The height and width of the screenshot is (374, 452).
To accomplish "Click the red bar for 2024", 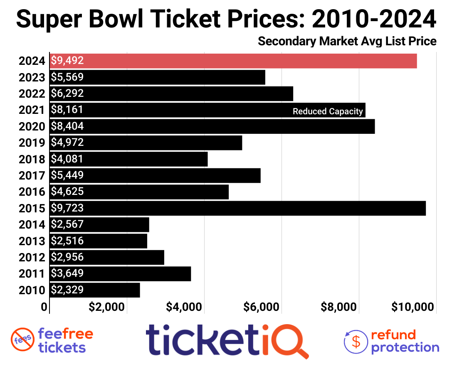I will (x=233, y=61).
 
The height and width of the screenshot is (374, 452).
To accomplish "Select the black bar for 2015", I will (x=237, y=208).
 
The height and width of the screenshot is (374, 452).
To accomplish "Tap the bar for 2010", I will (x=95, y=290).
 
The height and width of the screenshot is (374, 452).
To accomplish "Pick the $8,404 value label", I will (x=67, y=126).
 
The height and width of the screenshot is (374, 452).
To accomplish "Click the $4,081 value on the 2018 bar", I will (x=67, y=159).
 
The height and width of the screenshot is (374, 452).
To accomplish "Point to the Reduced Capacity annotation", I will (x=328, y=111).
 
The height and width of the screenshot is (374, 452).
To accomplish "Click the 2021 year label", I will (x=32, y=110).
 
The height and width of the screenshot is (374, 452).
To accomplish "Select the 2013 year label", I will (x=32, y=241).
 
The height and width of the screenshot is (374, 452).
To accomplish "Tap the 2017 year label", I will (x=32, y=175).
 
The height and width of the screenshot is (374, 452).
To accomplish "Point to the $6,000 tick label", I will (x=261, y=307).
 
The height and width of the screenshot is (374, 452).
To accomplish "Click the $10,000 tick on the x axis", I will (x=413, y=307).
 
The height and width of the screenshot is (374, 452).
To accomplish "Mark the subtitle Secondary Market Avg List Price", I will (x=347, y=42).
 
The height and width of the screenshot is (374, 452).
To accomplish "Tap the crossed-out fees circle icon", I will (x=22, y=340).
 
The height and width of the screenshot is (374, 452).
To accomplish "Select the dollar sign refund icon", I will (x=356, y=341).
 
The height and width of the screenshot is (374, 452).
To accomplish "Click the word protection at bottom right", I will (x=405, y=347).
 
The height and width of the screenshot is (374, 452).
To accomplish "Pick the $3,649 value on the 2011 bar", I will (x=67, y=273).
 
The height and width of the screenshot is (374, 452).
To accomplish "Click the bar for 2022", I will (x=171, y=93).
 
